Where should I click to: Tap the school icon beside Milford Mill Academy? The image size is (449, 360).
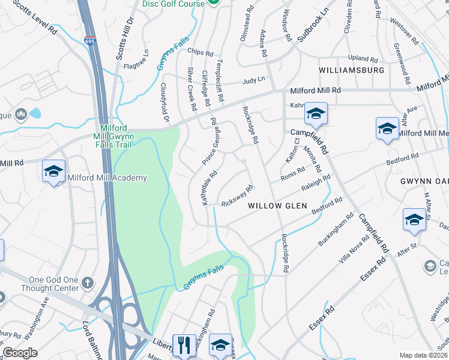[53, 172]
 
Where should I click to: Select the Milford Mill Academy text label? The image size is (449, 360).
[107, 178]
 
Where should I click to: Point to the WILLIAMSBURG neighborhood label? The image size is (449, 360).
[351, 70]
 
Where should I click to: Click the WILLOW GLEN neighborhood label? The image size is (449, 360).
[277, 206]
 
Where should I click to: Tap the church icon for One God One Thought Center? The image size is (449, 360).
[88, 282]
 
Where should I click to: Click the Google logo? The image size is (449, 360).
[20, 353]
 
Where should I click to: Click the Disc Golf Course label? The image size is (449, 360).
[173, 4]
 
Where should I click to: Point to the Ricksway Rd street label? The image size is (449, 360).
[237, 195]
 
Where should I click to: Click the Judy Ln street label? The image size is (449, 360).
[253, 81]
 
